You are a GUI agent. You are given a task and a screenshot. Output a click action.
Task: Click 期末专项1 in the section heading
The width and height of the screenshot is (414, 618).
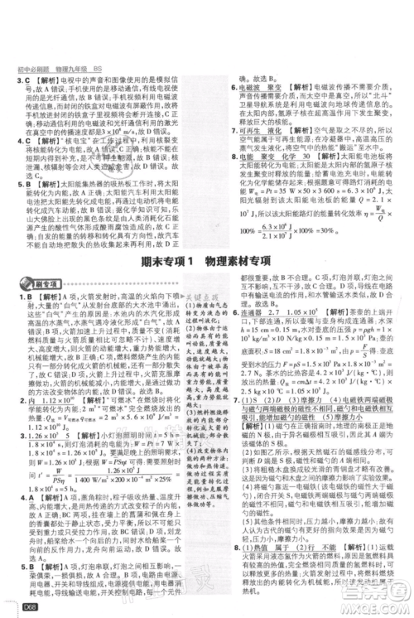tap(161, 261)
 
